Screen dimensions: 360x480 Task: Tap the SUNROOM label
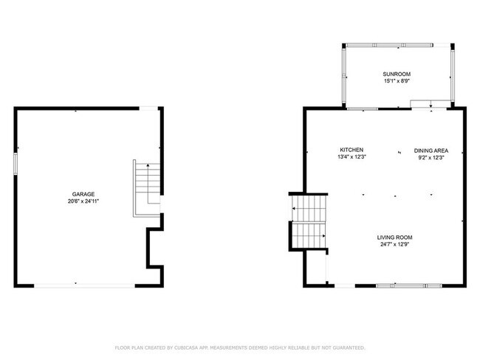click(397, 75)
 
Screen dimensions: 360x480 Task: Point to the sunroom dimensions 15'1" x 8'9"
click(397, 82)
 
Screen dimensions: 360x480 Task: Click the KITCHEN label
click(352, 150)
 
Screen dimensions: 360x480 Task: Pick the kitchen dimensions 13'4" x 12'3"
click(352, 157)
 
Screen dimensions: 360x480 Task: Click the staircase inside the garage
click(146, 189)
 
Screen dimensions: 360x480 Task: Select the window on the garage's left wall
click(15, 163)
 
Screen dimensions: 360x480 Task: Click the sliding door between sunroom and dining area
click(431, 108)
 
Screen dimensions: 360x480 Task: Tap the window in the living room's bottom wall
click(400, 285)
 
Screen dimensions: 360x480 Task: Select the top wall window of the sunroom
click(400, 44)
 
